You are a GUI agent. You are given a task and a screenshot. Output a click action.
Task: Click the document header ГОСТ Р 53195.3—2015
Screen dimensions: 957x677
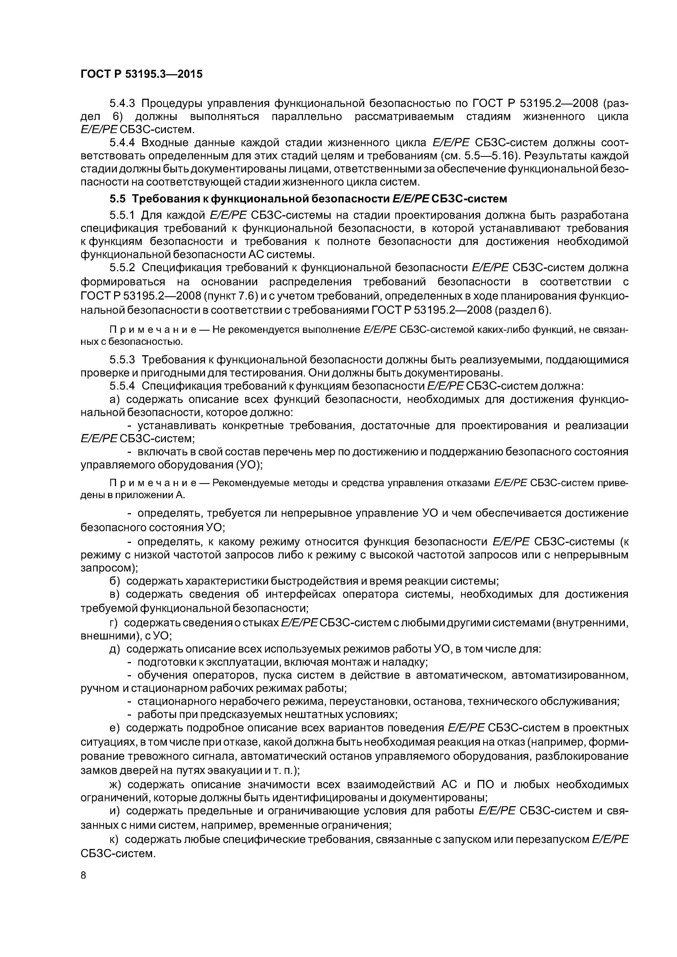pos(141,74)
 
